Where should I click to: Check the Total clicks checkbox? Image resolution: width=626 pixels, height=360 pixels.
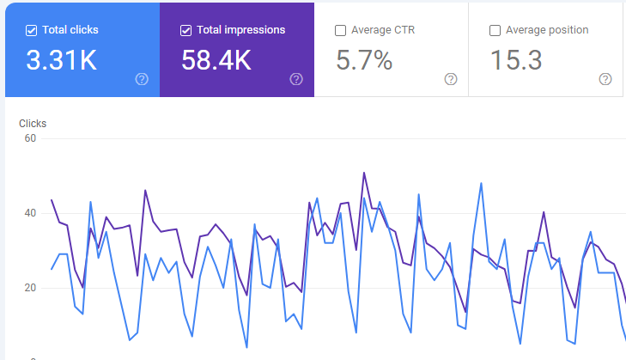[32, 30]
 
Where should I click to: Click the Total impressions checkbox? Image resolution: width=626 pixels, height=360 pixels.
[186, 30]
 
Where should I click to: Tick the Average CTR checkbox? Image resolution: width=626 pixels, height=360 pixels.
[341, 30]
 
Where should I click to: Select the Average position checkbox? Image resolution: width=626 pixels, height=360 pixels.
[495, 30]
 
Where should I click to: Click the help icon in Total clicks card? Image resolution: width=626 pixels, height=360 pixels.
[142, 79]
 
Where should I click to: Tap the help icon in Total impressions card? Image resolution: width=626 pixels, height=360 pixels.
[296, 79]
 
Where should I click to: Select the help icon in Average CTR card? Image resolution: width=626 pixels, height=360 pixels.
[451, 79]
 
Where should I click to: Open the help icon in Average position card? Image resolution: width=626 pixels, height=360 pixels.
[605, 79]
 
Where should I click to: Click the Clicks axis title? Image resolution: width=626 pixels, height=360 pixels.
[33, 124]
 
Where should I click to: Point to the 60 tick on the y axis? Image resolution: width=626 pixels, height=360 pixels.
[30, 138]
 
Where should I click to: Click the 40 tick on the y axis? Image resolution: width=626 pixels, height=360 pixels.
[30, 213]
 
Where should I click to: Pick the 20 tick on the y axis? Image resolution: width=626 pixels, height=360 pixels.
[30, 288]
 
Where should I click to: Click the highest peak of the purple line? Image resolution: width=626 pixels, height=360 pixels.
[364, 173]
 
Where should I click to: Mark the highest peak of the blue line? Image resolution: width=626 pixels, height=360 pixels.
[481, 183]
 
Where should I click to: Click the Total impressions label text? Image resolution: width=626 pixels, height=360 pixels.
[241, 30]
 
